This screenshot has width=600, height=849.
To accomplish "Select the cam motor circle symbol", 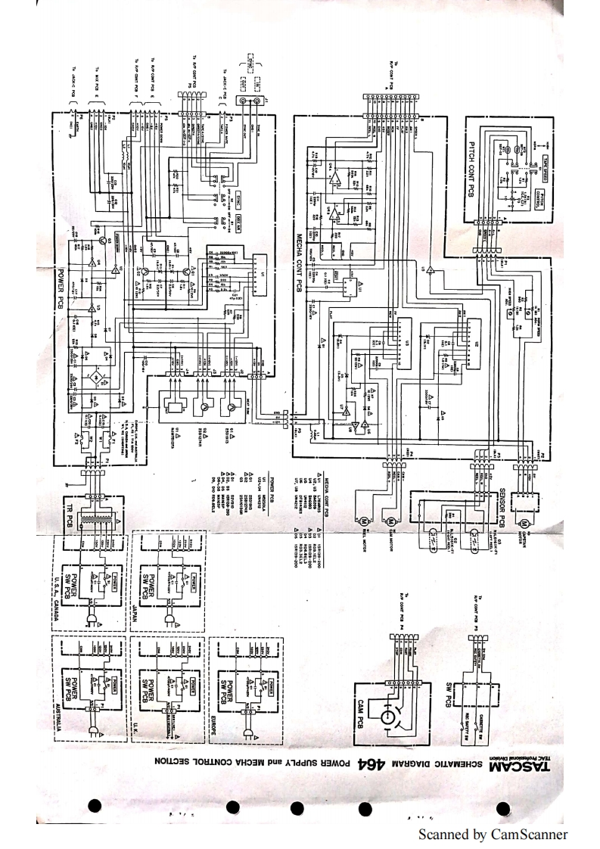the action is point(391,522).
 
